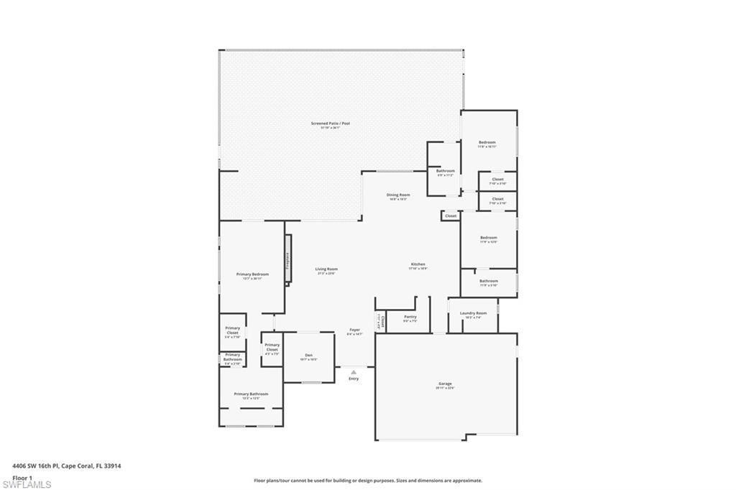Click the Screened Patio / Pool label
click(x=330, y=124)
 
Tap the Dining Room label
click(x=398, y=195)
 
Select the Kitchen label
click(x=418, y=264)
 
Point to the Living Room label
click(x=326, y=269)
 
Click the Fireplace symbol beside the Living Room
click(x=287, y=260)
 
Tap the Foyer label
click(x=354, y=330)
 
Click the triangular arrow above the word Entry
click(x=354, y=372)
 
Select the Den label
click(x=308, y=355)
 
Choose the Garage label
click(x=445, y=384)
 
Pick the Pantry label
click(x=410, y=317)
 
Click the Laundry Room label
click(x=473, y=313)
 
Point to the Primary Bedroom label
click(x=252, y=274)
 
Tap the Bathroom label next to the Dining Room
click(x=446, y=171)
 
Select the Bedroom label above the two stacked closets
click(x=487, y=142)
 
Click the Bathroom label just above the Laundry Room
click(x=489, y=281)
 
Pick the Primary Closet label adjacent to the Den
click(x=272, y=347)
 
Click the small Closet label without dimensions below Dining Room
click(x=451, y=216)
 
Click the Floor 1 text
click(x=22, y=477)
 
